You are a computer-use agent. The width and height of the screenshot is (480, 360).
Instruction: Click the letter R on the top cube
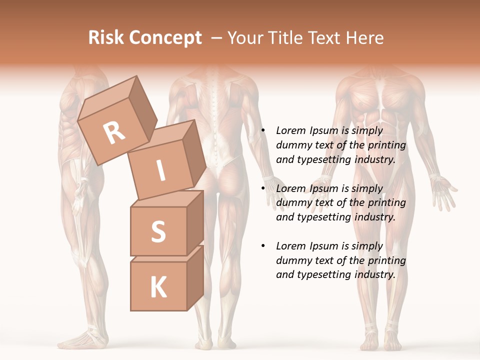pos(114,133)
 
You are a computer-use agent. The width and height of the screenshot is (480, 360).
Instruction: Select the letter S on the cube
pos(158,231)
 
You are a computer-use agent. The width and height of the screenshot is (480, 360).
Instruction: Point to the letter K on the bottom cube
pos(158,287)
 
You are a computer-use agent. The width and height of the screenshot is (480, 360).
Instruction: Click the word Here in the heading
pos(366,38)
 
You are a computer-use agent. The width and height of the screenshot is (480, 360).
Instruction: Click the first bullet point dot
pos(263,131)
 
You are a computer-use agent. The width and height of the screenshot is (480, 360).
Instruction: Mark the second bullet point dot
pos(263,189)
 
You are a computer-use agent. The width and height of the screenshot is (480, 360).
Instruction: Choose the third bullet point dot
pos(263,246)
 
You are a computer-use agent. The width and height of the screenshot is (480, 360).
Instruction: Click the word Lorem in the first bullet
pos(290,130)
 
